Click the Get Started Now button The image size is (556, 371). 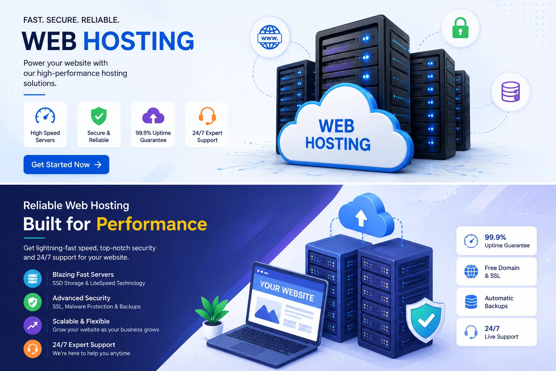tap(66, 164)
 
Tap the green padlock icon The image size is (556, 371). tap(460, 28)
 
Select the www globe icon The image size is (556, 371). tap(270, 37)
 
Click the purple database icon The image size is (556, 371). tap(511, 92)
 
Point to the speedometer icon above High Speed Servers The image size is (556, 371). tap(45, 116)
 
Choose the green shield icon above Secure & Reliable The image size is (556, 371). tap(99, 116)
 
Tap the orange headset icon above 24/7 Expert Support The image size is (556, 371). tap(207, 116)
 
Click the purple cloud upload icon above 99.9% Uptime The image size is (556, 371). tap(153, 116)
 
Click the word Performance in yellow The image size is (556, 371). tap(152, 224)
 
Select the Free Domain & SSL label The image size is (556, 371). tap(502, 272)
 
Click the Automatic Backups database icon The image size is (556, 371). tap(471, 302)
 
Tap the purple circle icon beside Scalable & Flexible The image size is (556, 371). tap(33, 325)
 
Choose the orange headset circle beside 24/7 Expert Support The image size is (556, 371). tap(33, 349)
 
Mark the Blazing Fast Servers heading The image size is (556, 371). tap(83, 274)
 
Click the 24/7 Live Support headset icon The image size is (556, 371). tap(471, 332)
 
